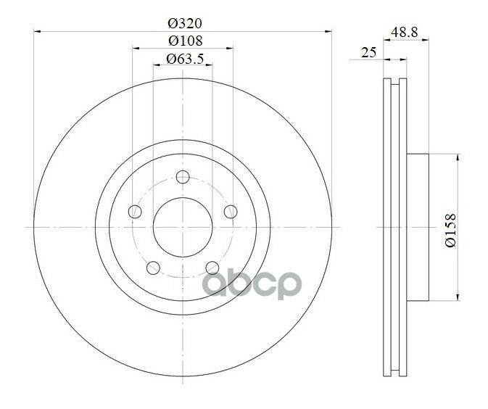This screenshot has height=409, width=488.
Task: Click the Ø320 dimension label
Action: tap(185, 23)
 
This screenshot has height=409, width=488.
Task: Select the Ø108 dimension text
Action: tap(186, 41)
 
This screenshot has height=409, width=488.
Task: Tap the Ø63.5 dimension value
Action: tap(185, 59)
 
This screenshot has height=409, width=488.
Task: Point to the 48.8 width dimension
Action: tap(404, 32)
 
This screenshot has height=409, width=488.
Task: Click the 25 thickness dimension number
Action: tap(369, 52)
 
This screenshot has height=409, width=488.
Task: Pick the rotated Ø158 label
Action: tap(450, 230)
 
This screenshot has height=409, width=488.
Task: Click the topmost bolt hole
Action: tap(183, 177)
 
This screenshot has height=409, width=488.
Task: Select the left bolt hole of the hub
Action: tap(135, 212)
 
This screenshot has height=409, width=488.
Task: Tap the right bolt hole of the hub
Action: tap(231, 212)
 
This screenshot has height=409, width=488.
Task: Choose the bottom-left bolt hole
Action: tap(153, 268)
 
